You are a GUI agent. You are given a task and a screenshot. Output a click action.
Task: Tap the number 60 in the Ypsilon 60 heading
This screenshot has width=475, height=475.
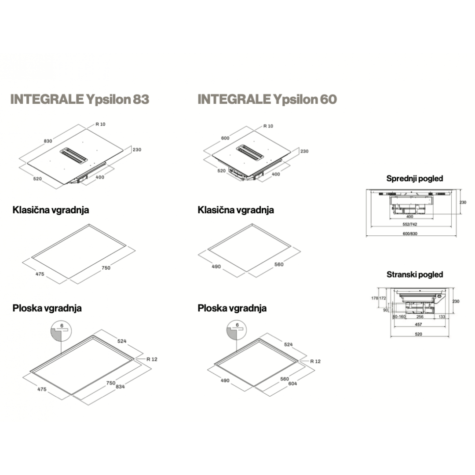point(329,99)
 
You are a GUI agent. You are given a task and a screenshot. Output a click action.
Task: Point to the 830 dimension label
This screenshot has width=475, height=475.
point(48,141)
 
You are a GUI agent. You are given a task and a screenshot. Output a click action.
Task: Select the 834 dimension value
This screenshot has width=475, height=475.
point(120,387)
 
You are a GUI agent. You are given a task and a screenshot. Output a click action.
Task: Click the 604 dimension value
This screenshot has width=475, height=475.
point(292,384)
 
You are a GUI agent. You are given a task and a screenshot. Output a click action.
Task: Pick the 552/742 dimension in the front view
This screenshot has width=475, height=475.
point(410,224)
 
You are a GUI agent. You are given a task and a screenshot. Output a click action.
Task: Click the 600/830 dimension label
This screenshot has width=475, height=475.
point(410,234)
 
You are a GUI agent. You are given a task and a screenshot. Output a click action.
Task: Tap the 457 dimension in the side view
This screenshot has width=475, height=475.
point(418,325)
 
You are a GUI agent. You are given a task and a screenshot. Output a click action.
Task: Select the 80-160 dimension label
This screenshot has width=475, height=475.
point(399,317)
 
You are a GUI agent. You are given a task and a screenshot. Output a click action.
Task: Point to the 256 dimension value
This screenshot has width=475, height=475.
point(420,317)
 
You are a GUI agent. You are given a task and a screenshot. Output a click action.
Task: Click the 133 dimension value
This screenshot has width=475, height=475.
point(442,317)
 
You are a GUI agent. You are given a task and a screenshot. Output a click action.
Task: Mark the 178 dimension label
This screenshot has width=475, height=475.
point(375,298)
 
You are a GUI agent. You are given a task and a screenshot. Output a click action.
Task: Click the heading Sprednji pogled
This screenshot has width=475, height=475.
point(415,179)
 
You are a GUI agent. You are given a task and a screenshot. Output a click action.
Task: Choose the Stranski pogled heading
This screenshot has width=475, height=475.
point(415,274)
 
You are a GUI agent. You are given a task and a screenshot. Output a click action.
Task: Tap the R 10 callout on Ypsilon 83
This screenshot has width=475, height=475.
point(100,124)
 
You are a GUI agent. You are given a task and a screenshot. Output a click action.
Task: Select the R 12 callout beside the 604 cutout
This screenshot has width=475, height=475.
point(315,362)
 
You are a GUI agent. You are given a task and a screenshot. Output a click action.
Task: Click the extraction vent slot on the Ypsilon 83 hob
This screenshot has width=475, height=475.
point(74,156)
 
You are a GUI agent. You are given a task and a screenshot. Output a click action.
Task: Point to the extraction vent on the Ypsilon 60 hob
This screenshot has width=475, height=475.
point(250,152)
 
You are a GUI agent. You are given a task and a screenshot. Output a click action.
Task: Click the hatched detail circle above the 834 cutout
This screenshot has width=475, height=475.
point(61,332)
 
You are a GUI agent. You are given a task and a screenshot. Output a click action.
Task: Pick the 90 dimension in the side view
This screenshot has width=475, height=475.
point(385,310)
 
